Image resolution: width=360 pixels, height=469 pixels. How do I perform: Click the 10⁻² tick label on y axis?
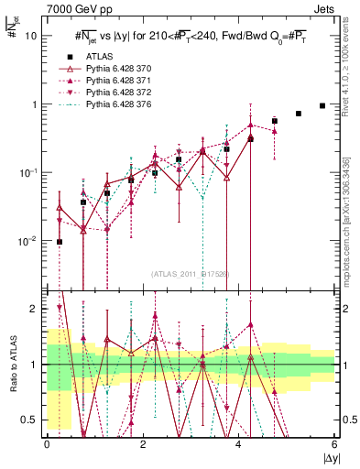click(29, 241)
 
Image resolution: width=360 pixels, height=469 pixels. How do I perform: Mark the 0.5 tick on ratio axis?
click(31, 420)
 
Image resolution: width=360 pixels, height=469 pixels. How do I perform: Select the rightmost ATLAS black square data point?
click(322, 105)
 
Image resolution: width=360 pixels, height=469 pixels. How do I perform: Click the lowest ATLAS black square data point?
click(60, 242)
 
